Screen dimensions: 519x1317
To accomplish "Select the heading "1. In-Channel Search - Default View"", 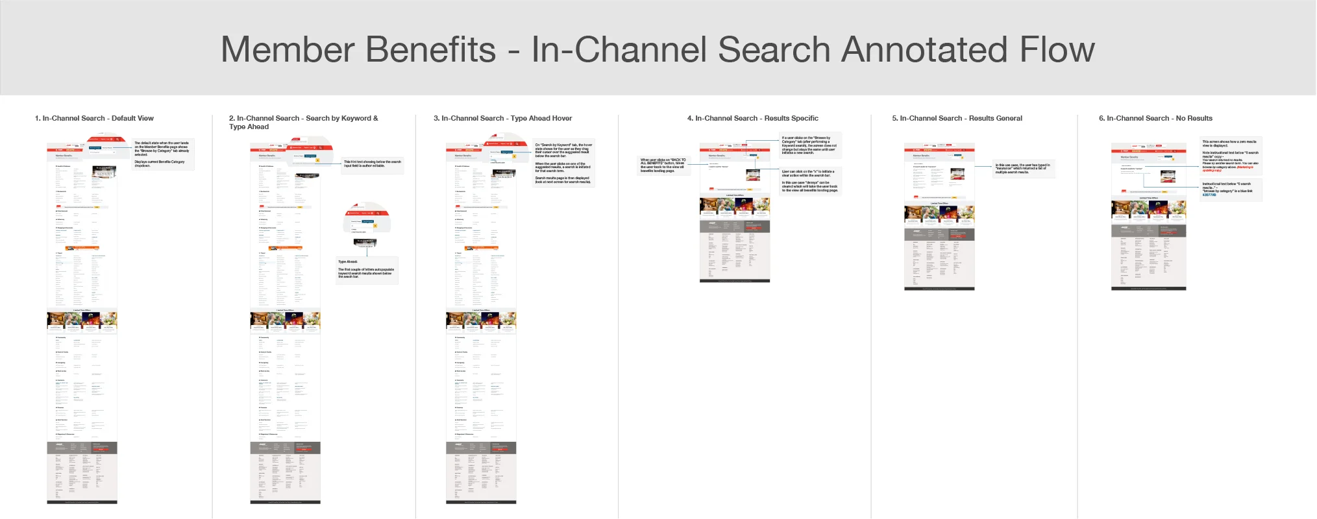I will [x=94, y=118].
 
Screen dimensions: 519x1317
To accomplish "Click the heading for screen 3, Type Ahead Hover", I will [x=502, y=118].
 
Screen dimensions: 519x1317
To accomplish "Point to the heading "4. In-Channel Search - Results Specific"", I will [x=752, y=118].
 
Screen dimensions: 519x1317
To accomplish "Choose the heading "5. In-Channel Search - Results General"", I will [x=957, y=118].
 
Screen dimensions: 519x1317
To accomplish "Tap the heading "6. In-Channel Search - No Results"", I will [x=1155, y=118].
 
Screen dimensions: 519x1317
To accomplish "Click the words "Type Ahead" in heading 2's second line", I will [x=249, y=127].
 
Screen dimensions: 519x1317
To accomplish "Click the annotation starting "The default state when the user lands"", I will [x=162, y=154].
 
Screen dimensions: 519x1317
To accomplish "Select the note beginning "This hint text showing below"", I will [x=373, y=164].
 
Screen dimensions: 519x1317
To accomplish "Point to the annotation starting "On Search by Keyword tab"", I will [x=563, y=163].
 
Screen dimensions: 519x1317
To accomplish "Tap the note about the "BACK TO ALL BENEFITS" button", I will [x=663, y=165].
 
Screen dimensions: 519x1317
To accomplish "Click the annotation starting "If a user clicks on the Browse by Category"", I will [x=809, y=145].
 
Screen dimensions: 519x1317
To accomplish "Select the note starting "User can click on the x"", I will [x=809, y=182].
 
